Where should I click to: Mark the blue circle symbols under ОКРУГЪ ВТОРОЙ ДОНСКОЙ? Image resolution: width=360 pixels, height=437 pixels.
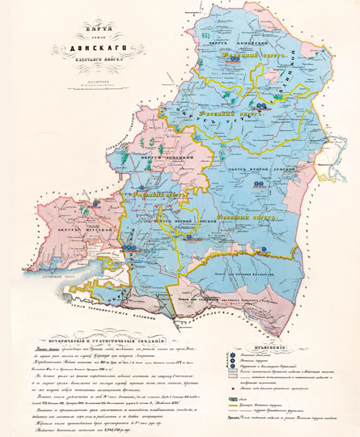[x=258, y=184]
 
